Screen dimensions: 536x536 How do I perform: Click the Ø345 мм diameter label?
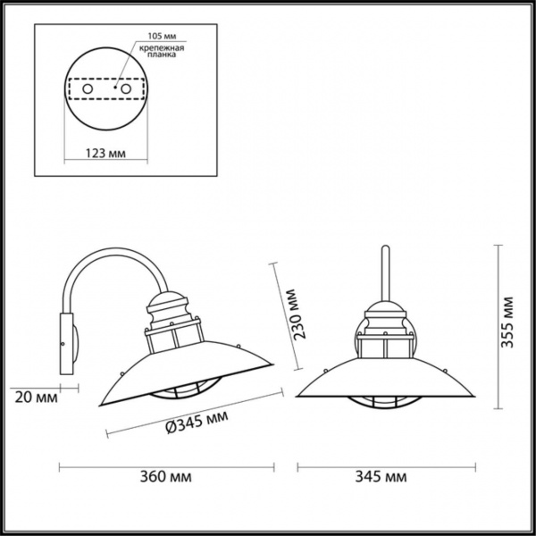[x=191, y=418]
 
